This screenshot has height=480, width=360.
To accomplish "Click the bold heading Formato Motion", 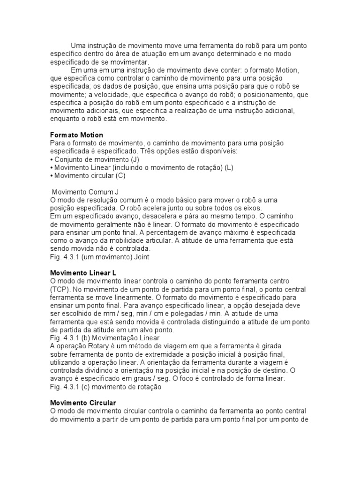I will (76, 135).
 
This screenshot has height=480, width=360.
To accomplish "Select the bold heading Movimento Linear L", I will (83, 273).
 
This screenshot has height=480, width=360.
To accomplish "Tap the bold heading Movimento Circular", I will (83, 403).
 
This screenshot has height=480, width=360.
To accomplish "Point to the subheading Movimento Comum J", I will (85, 192).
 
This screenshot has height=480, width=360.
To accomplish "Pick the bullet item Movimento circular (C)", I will (90, 176).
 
